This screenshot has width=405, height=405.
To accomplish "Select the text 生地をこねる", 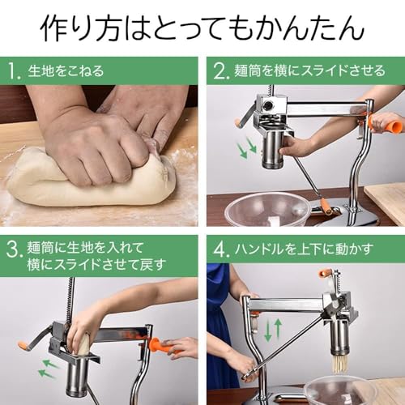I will [66, 71].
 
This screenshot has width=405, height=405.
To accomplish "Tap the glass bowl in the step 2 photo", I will [267, 209].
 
